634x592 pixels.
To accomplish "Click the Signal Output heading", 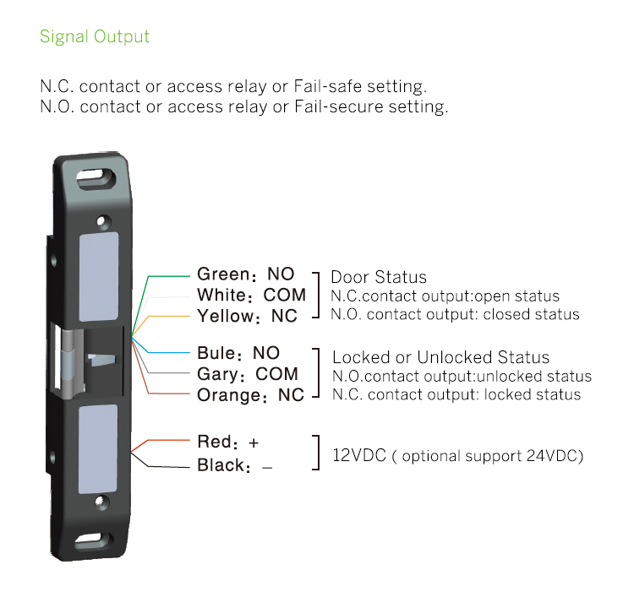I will coord(95,37).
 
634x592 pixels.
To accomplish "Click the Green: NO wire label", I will coord(245,274).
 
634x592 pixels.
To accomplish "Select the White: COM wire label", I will coord(252,295).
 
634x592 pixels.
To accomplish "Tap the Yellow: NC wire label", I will coord(247,316).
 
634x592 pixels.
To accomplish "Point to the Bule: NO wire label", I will coord(238,353).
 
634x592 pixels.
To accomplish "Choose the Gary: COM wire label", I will coord(247,374).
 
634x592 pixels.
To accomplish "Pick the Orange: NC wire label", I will coord(250,395).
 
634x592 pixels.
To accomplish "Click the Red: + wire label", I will coord(227,442).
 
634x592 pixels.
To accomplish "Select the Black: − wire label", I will coord(234,465).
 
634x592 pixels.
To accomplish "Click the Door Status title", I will coord(379,277).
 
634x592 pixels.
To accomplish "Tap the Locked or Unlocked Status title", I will coord(440,357).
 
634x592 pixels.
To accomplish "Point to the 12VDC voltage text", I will coord(359,455).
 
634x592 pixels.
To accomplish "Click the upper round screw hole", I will coord(103,221).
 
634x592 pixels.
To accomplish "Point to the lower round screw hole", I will coord(105,503).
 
